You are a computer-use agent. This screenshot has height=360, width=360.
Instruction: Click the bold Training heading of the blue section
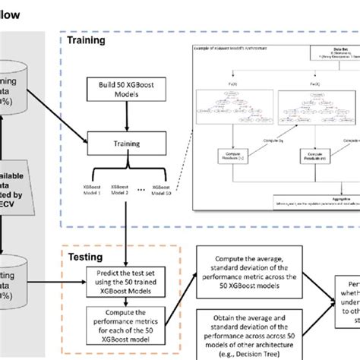coord(87,40)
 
